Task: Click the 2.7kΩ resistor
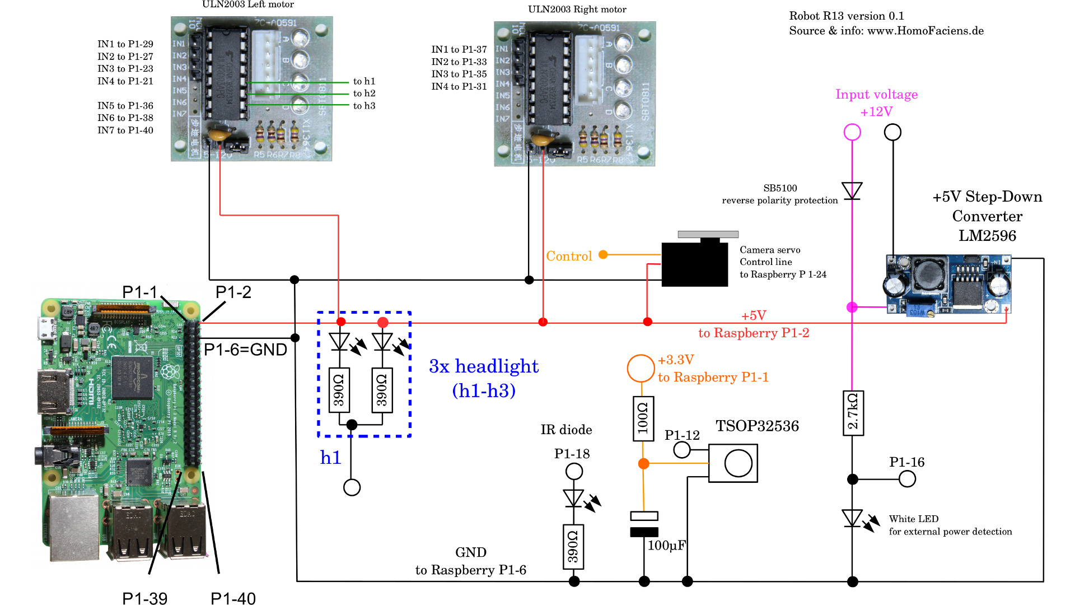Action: point(853,413)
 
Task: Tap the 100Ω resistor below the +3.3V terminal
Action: point(643,418)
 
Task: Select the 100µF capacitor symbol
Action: point(644,524)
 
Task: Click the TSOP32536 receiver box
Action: point(733,463)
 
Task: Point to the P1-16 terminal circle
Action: point(907,479)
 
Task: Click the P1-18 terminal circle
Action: point(574,471)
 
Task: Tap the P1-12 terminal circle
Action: point(682,449)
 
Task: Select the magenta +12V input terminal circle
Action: point(852,132)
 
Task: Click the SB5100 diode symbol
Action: point(852,190)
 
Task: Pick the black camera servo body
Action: point(695,263)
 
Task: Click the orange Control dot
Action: point(603,255)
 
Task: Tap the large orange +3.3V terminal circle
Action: point(641,368)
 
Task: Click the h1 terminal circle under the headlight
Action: point(352,487)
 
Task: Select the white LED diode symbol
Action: point(852,518)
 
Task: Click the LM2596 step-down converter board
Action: point(949,285)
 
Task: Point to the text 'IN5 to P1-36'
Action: point(125,106)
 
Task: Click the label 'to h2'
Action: point(364,94)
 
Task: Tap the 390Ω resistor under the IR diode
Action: point(573,547)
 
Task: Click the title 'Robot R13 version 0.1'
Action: point(847,16)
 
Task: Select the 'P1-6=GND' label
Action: point(245,350)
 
